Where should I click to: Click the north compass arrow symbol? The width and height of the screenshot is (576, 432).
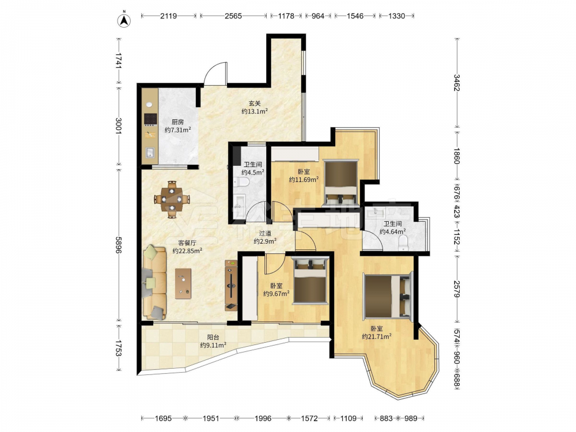(x=124, y=20)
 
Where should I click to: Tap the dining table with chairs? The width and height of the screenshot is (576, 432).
(x=172, y=199)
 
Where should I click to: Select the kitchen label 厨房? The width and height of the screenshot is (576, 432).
(x=178, y=122)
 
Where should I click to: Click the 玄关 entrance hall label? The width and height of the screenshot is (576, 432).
(x=255, y=104)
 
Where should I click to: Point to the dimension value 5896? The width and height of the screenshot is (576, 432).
(x=118, y=245)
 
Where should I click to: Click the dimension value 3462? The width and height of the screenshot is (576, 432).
(x=457, y=82)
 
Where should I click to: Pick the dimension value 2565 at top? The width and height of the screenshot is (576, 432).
(x=233, y=16)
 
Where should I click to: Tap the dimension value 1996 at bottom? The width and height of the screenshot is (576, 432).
(x=263, y=418)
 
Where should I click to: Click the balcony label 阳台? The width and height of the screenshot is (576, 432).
(x=213, y=337)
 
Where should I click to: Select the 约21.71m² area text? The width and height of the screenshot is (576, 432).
(x=377, y=336)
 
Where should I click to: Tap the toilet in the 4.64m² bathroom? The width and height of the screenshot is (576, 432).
(x=403, y=243)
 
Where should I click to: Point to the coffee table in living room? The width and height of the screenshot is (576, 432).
(x=183, y=283)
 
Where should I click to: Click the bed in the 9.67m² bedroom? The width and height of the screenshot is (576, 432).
(x=310, y=281)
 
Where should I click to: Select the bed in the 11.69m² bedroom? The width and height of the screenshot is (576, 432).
(x=340, y=182)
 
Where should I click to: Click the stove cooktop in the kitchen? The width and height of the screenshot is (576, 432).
(x=150, y=119)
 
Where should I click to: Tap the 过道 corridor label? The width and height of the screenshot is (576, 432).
(x=265, y=233)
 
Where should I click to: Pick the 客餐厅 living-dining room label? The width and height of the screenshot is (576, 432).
(x=187, y=243)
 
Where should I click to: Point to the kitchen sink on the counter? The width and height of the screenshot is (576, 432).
(x=150, y=152)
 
